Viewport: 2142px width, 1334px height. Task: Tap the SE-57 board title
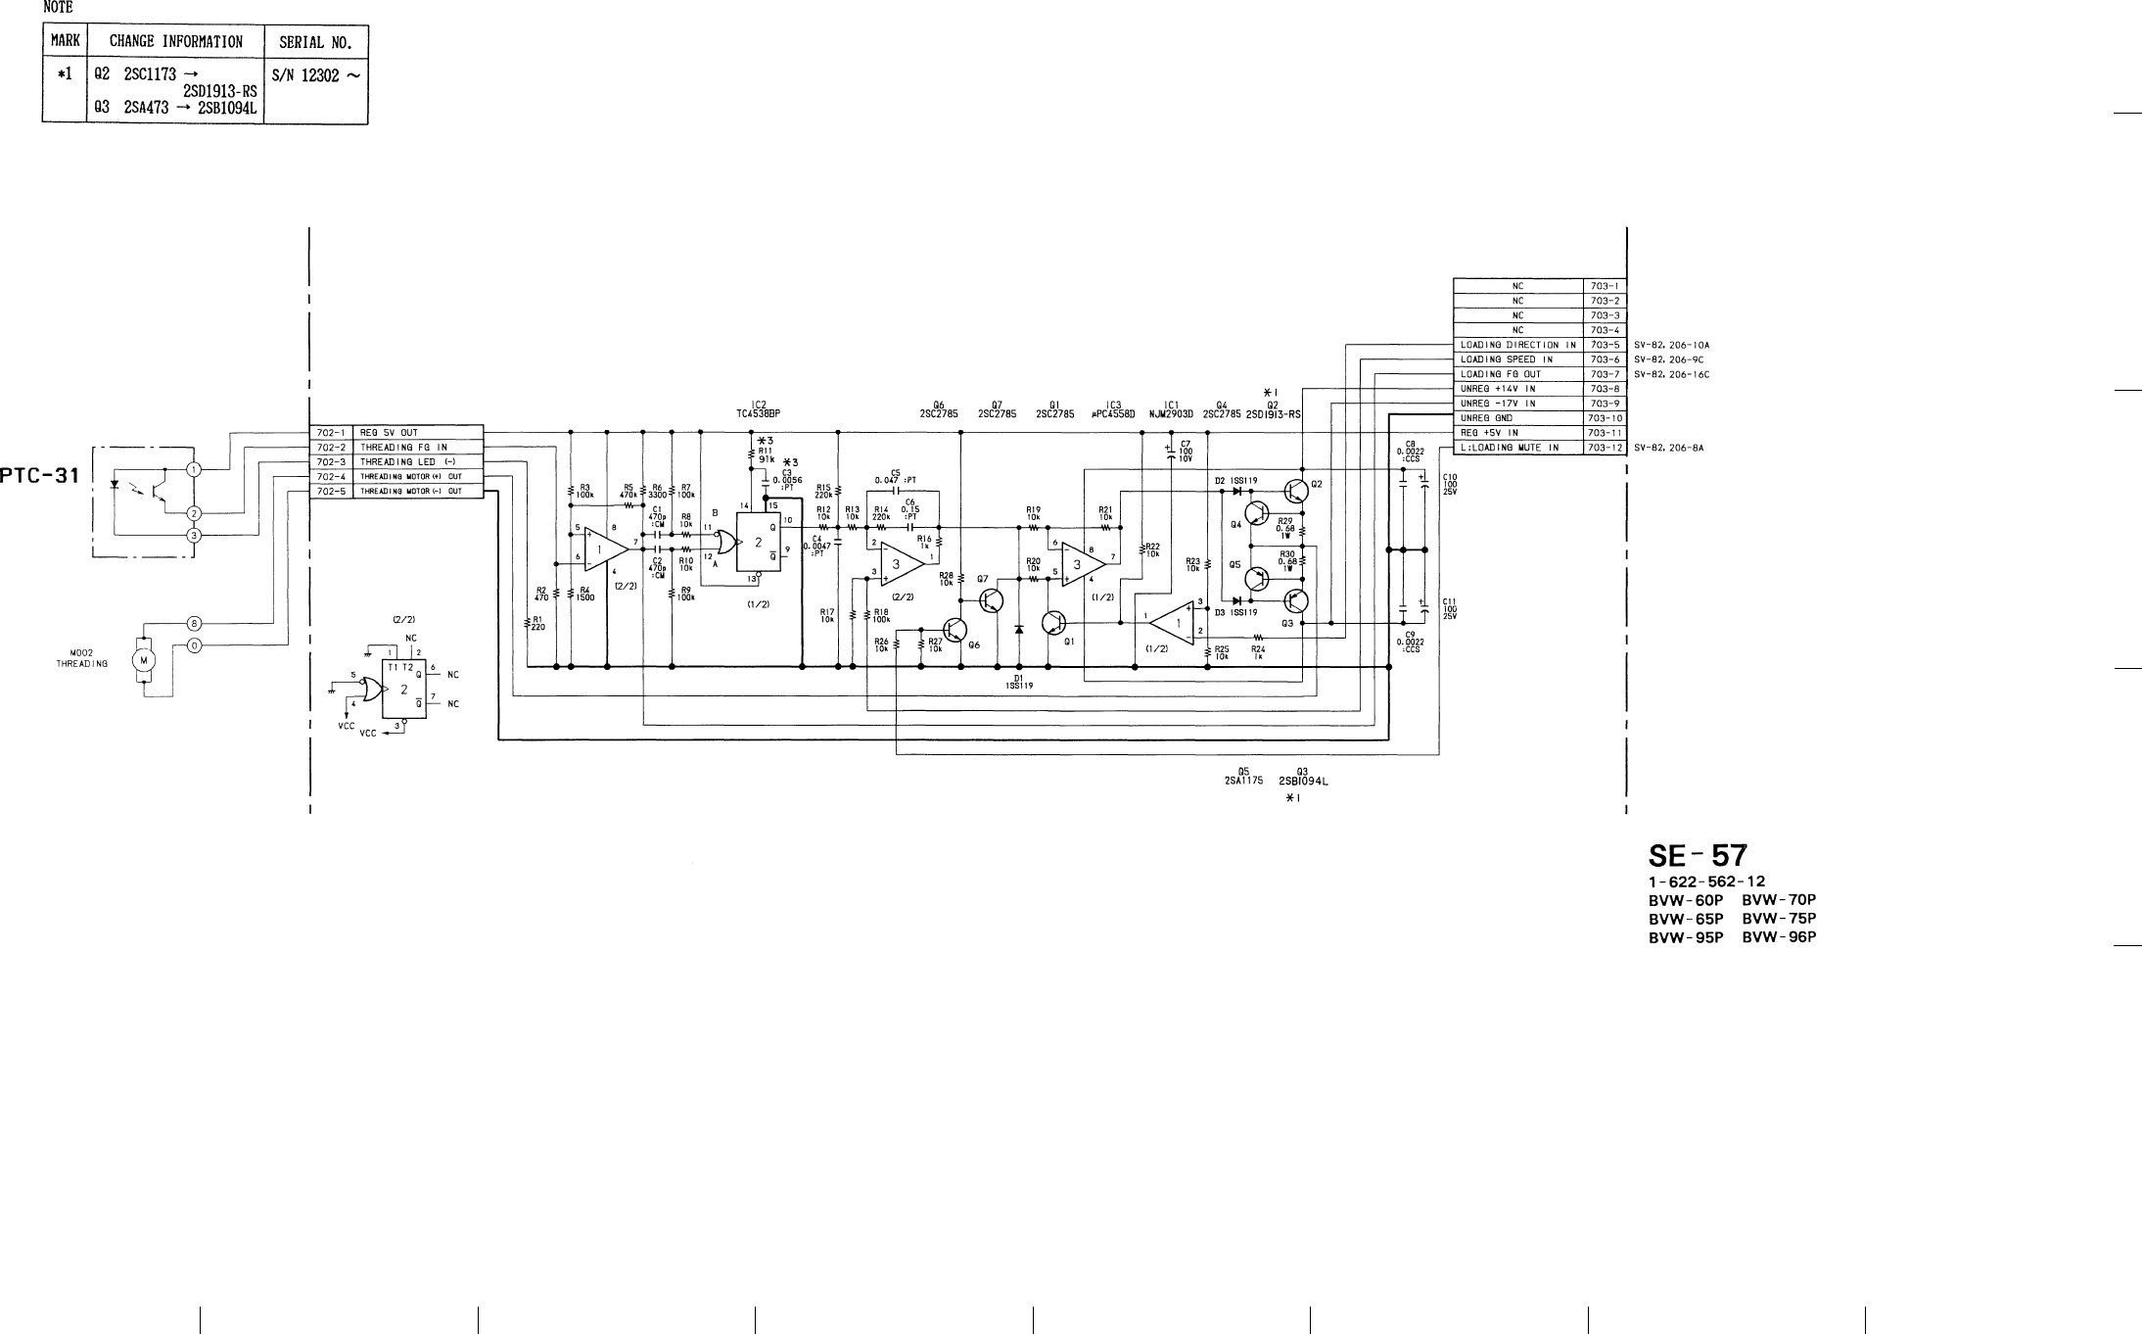(x=1698, y=856)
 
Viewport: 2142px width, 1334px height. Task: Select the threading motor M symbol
(x=144, y=659)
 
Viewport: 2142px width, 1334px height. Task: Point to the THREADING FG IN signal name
(x=403, y=448)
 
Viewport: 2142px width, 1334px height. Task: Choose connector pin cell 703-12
(x=1606, y=448)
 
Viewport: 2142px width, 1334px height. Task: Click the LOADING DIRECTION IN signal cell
(x=1517, y=345)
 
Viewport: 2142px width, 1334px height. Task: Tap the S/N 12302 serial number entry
(x=315, y=75)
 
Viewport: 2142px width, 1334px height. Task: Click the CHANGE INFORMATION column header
(x=176, y=41)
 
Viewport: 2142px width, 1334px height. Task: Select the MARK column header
(x=65, y=41)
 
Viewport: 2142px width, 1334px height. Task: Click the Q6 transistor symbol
(x=955, y=630)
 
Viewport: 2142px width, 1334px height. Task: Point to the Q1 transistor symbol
(x=1054, y=622)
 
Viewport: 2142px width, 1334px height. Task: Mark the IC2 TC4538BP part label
(x=758, y=408)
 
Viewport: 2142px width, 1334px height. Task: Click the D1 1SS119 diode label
(x=1018, y=682)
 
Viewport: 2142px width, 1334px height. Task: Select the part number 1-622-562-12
(x=1706, y=881)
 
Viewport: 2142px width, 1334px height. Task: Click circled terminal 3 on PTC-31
(x=194, y=535)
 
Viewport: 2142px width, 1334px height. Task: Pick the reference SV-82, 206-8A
(x=1668, y=448)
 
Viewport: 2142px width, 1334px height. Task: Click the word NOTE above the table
(x=58, y=8)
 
